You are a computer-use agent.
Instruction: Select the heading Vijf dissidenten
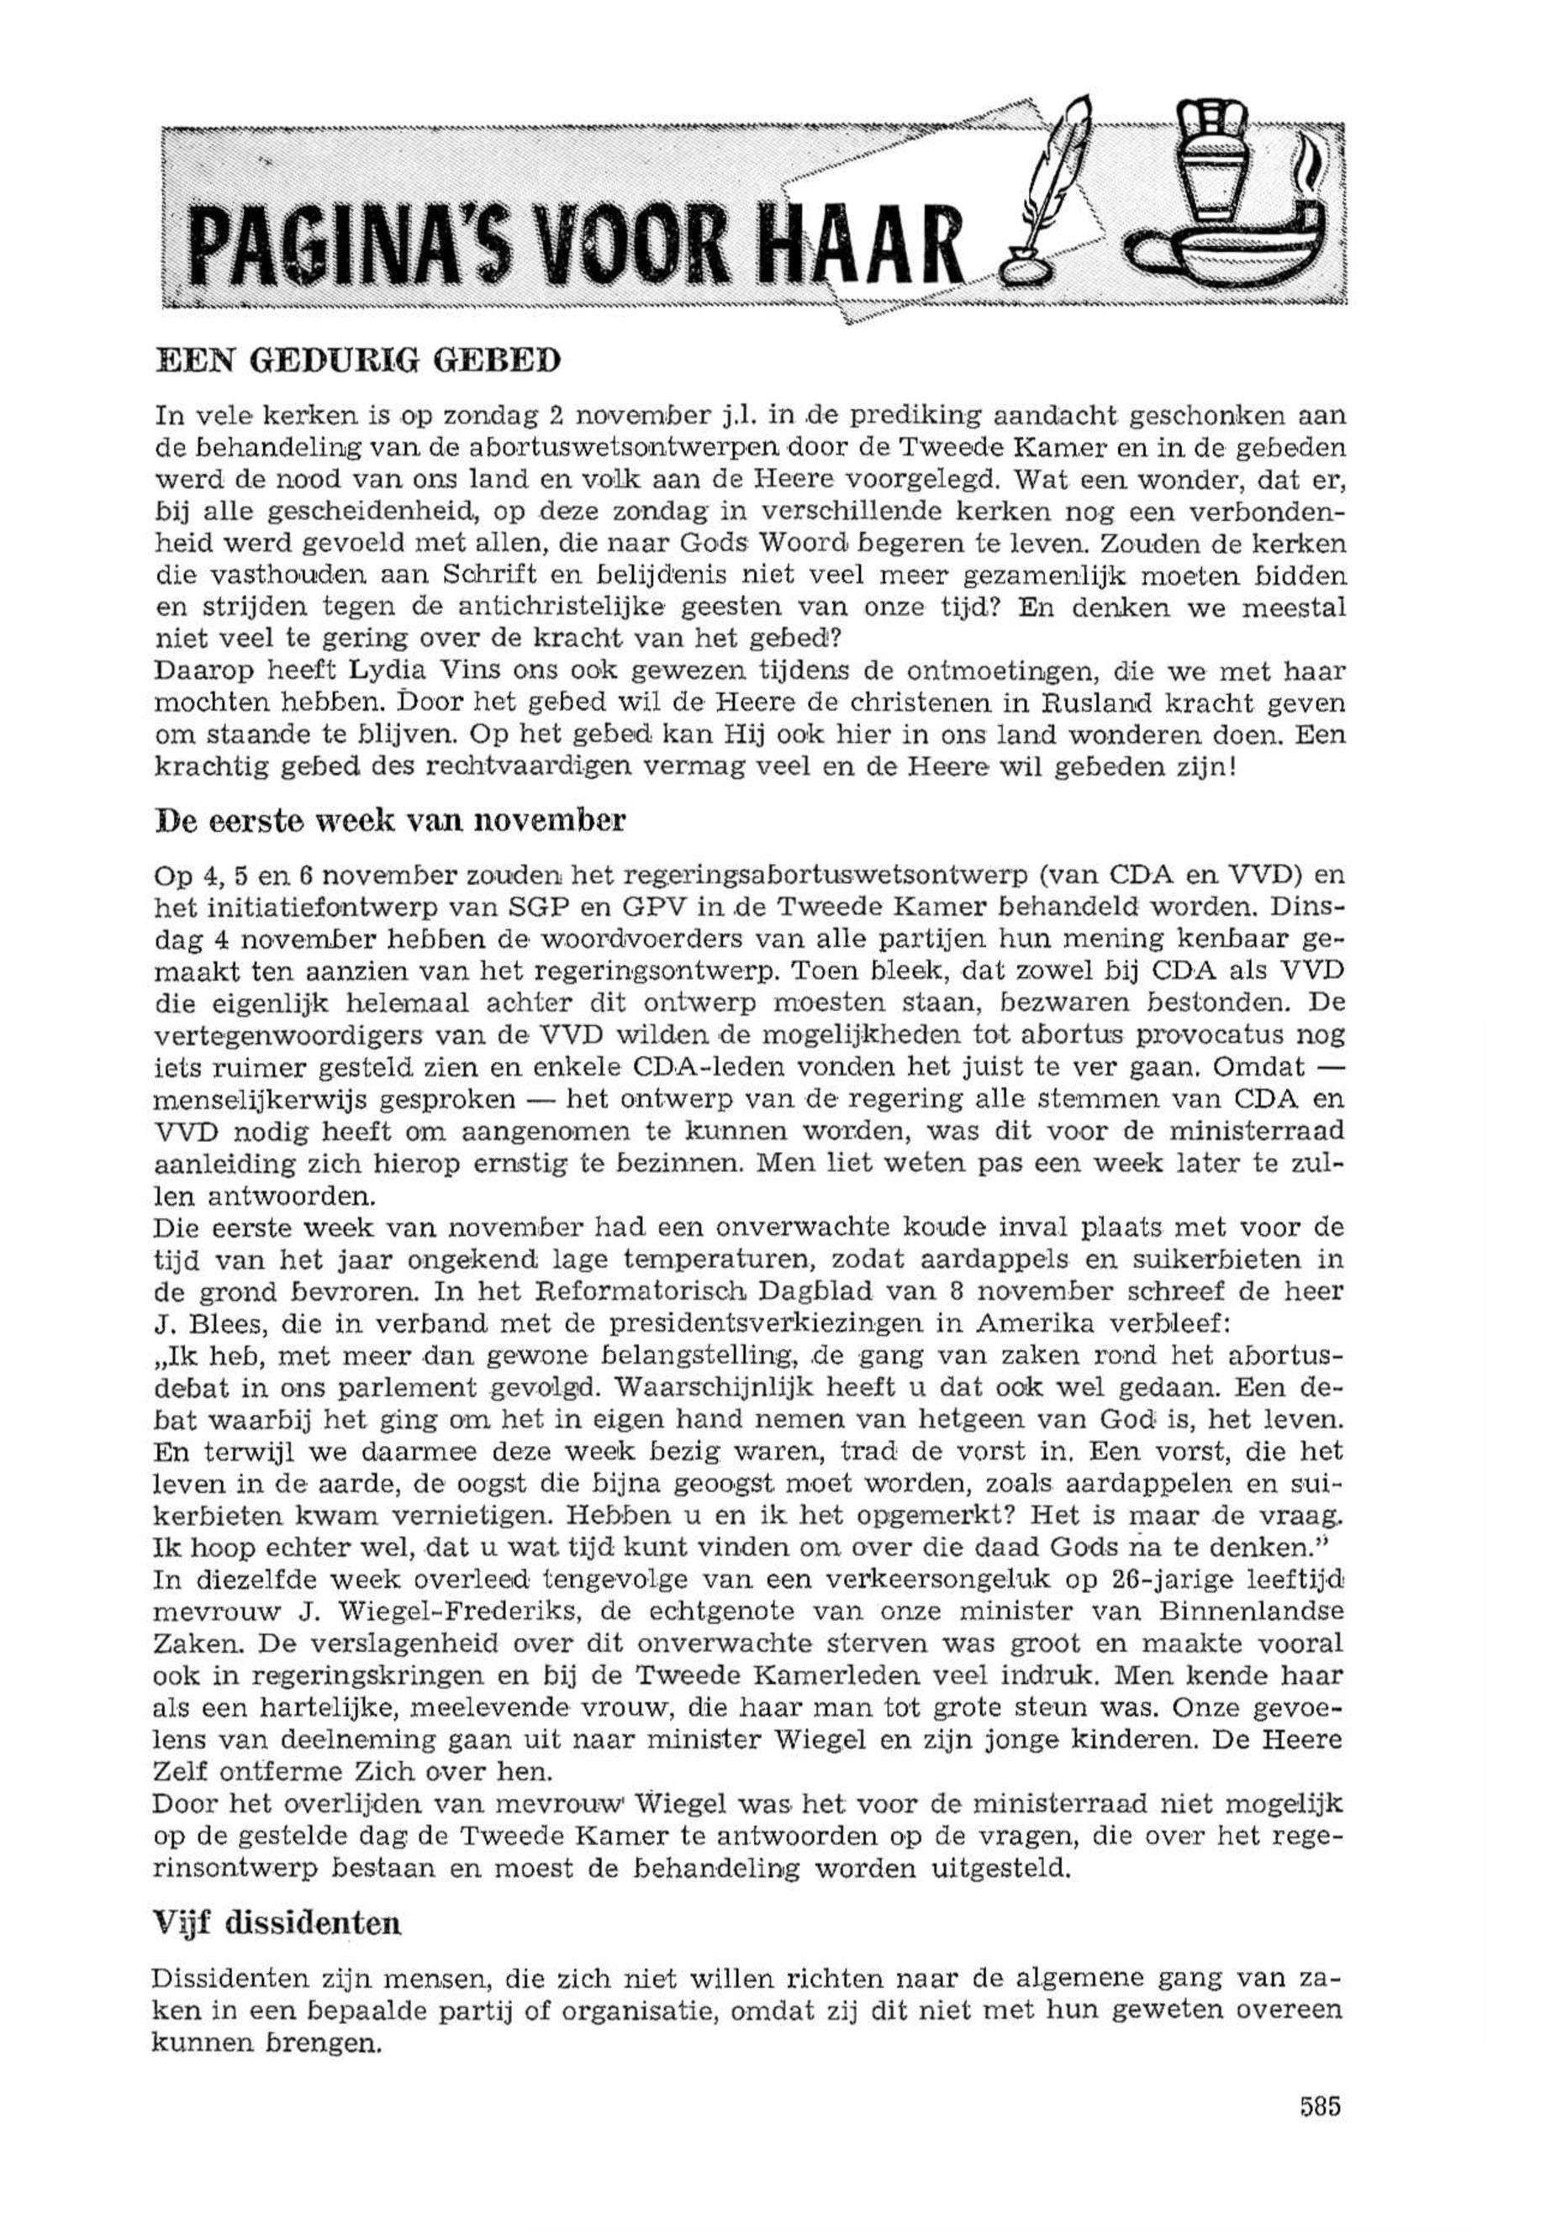coord(277,1922)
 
